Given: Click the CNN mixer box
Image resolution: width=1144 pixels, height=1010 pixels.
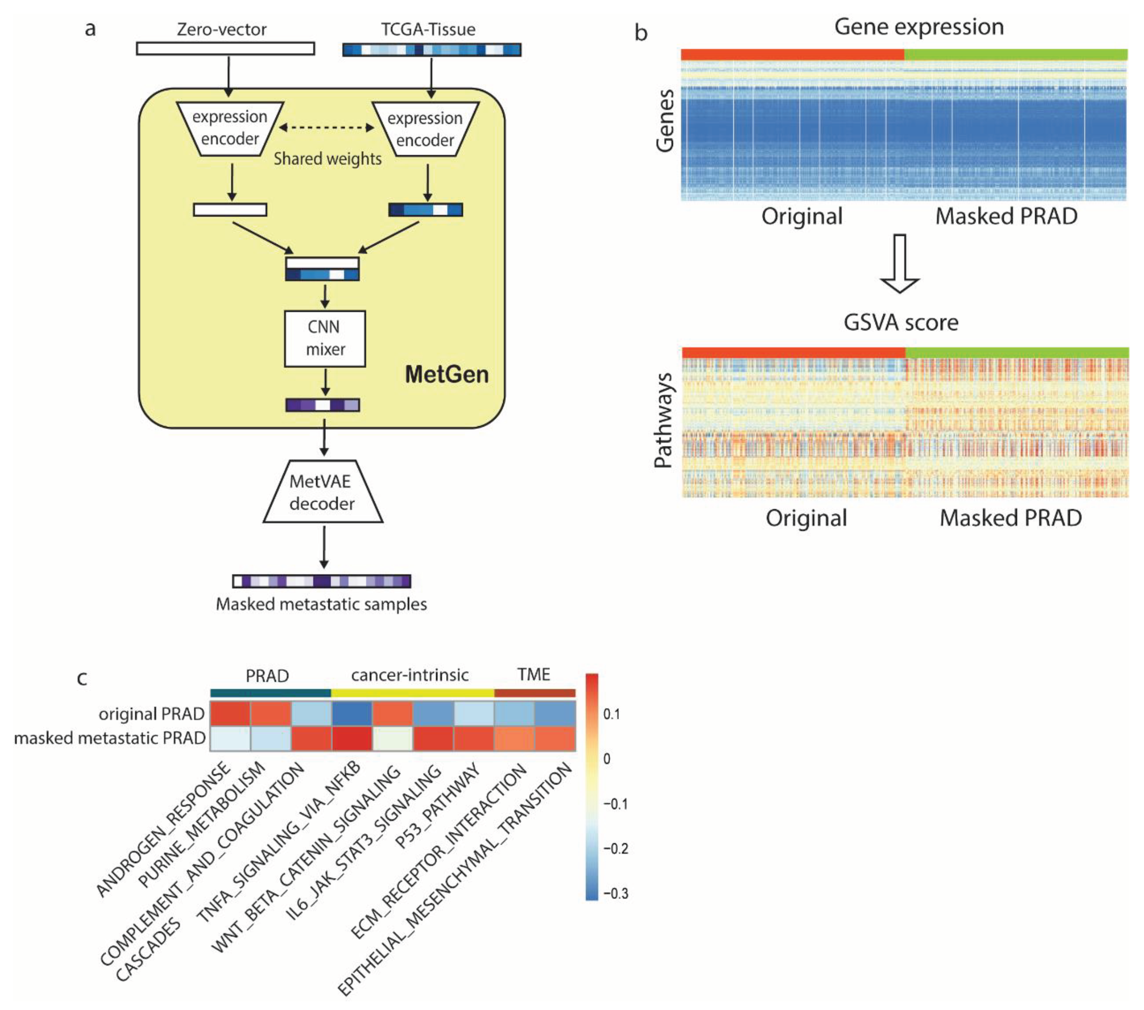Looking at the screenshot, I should click(x=325, y=339).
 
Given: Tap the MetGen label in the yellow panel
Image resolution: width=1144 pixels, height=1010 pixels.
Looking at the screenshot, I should click(x=447, y=374).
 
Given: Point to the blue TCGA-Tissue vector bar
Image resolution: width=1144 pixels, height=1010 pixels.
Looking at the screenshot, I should click(x=431, y=50).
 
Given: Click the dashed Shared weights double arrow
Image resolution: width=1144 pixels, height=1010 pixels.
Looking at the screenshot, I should click(x=327, y=128).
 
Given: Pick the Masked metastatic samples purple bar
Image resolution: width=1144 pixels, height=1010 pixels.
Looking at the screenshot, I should click(x=322, y=581).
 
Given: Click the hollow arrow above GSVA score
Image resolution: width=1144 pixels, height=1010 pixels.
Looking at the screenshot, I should click(x=899, y=263).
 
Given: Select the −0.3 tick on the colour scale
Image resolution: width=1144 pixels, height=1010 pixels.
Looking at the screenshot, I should click(x=615, y=893).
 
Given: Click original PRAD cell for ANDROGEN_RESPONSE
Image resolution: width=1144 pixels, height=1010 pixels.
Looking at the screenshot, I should click(x=230, y=714).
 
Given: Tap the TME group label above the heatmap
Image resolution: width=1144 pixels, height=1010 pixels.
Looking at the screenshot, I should click(x=533, y=674).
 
